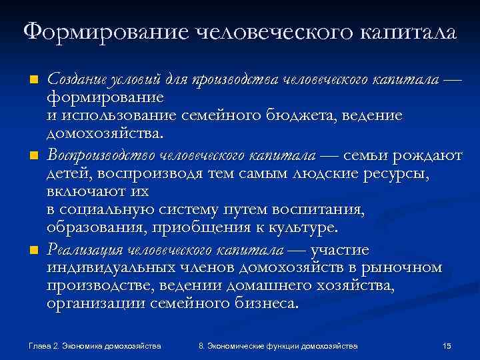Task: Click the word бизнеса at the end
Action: tap(265, 303)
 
